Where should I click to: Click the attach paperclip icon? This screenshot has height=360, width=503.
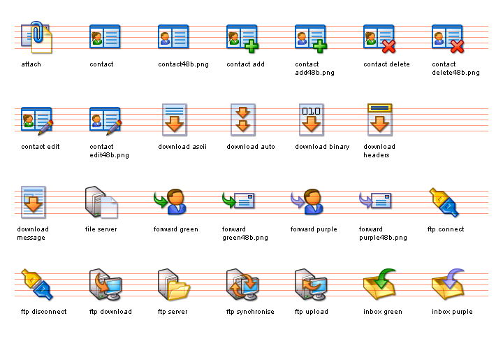pos(36,38)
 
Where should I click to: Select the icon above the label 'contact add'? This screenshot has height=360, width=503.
pos(242,38)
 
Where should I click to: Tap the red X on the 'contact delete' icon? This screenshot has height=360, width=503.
pos(388,47)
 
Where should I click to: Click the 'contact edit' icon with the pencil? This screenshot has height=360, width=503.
pos(36,120)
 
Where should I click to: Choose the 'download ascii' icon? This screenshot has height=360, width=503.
pos(173,119)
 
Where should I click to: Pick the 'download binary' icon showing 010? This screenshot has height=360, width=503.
pos(310,119)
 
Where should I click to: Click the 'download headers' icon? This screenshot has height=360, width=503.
pos(379,119)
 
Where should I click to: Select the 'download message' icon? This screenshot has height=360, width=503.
pos(34,202)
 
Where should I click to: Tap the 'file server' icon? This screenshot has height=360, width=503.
pos(101,202)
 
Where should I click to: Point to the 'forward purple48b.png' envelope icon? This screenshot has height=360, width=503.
pos(376,201)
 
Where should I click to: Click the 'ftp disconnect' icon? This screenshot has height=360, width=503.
pos(36,284)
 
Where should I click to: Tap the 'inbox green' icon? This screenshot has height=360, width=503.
pos(379,284)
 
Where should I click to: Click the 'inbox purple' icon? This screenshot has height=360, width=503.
pos(447,284)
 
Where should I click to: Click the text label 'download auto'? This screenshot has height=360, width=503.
pos(251,147)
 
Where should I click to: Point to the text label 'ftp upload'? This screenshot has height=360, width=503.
pos(311,312)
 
